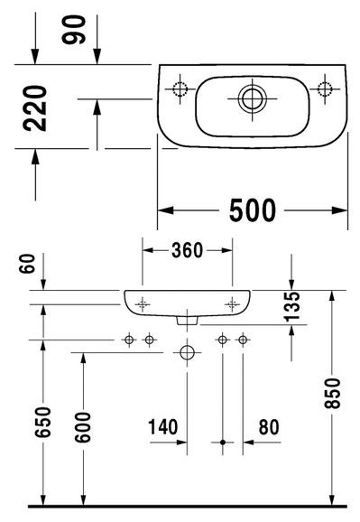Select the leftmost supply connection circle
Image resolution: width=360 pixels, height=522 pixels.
point(129,340)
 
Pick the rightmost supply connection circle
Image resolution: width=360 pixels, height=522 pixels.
point(243,340)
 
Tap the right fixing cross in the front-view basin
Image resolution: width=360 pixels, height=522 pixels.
point(233,304)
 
